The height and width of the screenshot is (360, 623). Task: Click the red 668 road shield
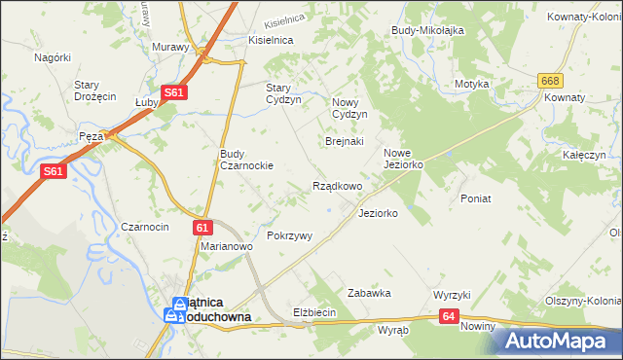552,81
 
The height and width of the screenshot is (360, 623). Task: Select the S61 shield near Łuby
174,92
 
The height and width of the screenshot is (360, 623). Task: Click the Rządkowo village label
337,186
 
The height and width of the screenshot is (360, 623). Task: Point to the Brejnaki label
344,141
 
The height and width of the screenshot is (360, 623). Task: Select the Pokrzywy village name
289,235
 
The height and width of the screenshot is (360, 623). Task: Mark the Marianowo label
227,247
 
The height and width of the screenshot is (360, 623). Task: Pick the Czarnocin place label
145,226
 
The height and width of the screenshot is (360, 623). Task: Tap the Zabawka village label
369,292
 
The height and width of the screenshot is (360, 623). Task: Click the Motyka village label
471,84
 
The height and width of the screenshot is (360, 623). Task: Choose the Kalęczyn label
584,155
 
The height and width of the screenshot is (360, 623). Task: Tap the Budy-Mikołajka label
427,30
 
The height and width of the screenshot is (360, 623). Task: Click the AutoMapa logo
558,341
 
